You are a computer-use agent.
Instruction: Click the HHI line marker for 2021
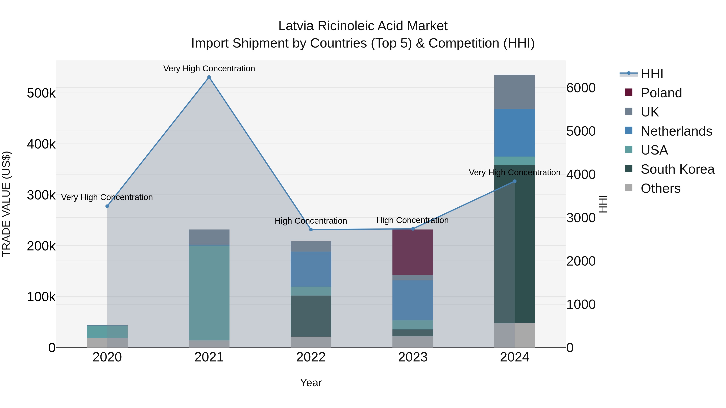pos(209,77)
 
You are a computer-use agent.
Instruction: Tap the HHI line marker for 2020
pos(107,206)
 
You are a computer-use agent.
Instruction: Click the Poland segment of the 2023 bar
pos(413,252)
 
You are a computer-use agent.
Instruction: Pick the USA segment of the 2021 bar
pos(209,293)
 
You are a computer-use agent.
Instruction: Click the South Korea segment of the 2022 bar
pos(311,316)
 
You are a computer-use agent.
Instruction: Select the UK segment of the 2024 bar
pos(514,92)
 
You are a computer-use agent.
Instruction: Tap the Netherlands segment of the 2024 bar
pos(514,133)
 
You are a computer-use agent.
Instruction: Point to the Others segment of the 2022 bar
pos(311,342)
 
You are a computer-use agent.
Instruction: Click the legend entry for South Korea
pos(677,169)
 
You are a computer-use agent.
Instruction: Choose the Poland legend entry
pos(661,93)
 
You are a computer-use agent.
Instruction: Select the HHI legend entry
pos(652,74)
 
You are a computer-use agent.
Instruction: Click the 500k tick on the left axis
pos(41,93)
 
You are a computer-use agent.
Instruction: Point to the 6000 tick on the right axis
pos(581,88)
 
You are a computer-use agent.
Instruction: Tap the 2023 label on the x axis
pos(413,357)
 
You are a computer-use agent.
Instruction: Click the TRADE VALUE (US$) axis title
pos(6,204)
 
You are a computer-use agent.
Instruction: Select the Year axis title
pos(311,383)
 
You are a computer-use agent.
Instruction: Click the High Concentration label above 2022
pos(311,221)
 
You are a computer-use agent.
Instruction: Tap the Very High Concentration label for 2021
pos(209,69)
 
